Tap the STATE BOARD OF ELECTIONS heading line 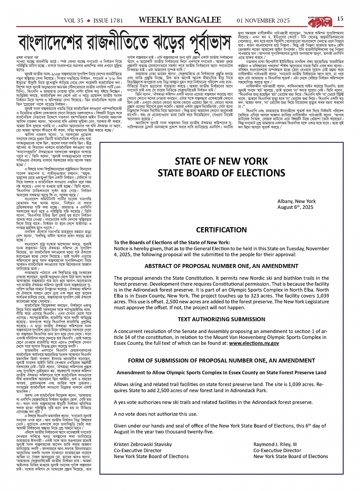[221, 173]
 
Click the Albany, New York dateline [296, 201]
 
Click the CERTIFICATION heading [221, 230]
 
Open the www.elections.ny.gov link [254, 343]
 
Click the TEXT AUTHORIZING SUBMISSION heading [221, 319]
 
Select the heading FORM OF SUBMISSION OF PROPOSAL [221, 360]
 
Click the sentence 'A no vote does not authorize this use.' [156, 414]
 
